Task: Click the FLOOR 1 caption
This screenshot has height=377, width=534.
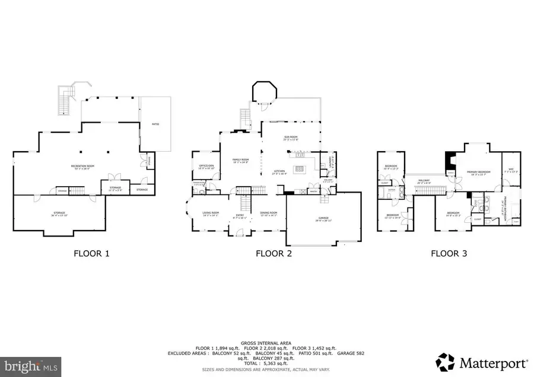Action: tap(91, 254)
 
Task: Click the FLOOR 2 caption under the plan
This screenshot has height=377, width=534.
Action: tap(274, 254)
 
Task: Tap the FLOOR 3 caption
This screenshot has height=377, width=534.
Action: tap(449, 254)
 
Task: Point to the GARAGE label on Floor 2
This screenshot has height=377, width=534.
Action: tap(323, 219)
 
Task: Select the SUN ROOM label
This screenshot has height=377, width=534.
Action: tap(291, 137)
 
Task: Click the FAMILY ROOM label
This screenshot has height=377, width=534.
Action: tap(240, 160)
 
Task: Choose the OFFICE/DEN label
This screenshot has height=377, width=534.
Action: tap(206, 166)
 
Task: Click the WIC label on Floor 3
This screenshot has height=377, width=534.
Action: tap(511, 170)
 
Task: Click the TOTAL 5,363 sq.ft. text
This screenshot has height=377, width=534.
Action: tap(266, 362)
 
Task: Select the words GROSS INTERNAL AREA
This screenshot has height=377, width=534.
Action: tap(266, 343)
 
